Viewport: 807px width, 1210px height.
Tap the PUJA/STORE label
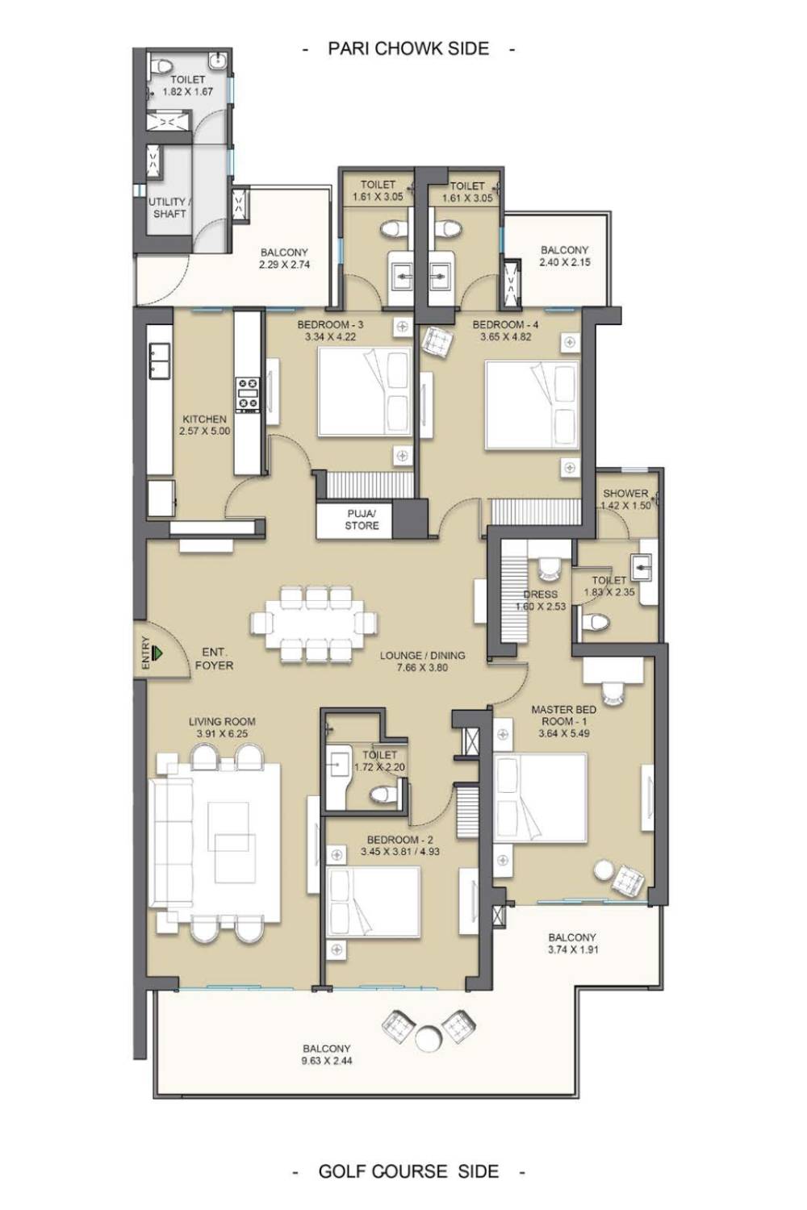362,519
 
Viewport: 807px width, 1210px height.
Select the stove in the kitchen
248,395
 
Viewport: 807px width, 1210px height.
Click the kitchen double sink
158,361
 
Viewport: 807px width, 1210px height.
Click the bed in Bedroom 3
366,391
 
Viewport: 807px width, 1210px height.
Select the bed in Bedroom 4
533,405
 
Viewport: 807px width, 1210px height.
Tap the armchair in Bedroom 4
438,342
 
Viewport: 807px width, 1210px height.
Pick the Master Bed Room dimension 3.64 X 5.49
564,733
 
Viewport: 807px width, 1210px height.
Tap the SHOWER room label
625,493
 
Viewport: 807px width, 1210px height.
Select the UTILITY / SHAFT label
169,207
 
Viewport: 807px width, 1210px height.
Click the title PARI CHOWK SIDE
408,48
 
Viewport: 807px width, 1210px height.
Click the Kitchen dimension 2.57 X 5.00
204,431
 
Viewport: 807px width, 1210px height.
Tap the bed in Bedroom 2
373,902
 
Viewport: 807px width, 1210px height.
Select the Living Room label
222,721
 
